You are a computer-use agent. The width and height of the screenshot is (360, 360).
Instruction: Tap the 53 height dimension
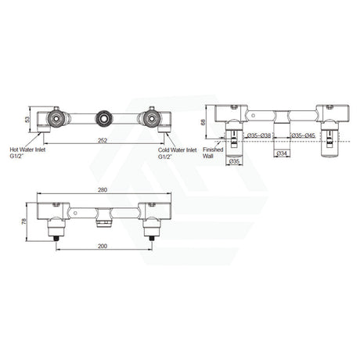(27, 119)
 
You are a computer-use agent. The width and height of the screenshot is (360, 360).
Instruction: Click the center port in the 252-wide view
(102, 120)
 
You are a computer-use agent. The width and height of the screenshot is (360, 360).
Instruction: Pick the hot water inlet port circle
(56, 120)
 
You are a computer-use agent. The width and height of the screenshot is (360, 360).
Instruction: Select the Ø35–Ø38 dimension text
(259, 135)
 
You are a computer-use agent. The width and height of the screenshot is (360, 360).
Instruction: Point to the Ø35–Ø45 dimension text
(304, 135)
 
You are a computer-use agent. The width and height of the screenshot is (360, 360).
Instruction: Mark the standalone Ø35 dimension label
(233, 162)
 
